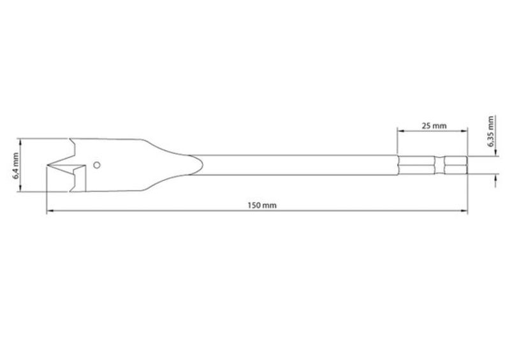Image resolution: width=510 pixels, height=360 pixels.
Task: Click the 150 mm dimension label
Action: [262, 206]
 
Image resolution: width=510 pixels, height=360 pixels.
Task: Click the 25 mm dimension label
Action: [434, 126]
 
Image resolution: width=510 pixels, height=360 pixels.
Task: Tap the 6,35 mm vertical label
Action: [490, 131]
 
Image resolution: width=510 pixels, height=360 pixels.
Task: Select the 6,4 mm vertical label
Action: [15, 166]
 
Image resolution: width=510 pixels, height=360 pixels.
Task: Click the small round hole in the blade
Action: [97, 165]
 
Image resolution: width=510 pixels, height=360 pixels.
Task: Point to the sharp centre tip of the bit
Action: [47, 165]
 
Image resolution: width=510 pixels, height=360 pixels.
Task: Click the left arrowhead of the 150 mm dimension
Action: [50, 212]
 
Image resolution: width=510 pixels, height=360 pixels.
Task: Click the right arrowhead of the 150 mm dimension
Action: [464, 212]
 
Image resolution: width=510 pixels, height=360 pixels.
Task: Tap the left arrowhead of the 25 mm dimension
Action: [401, 131]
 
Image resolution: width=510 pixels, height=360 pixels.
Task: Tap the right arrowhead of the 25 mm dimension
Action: [464, 131]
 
